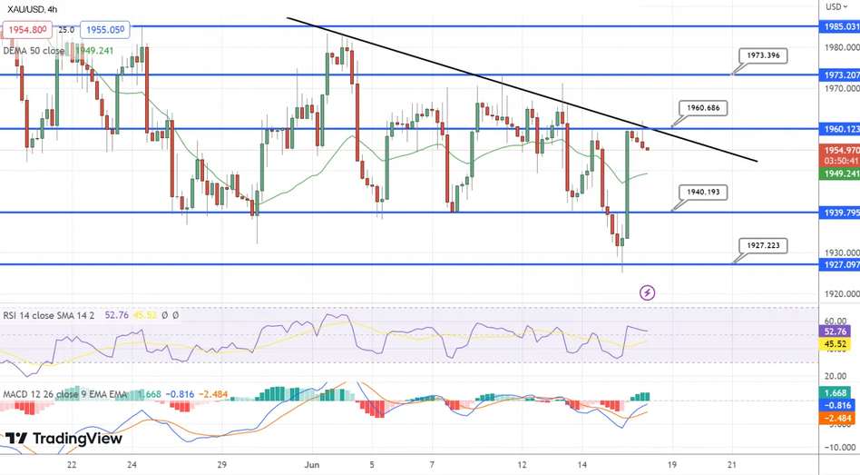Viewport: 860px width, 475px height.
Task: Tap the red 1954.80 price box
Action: pos(26,29)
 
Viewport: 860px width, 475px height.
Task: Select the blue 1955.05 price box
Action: pos(104,29)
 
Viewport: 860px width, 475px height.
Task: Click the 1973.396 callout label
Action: pos(763,55)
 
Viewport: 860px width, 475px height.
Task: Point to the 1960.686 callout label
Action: pos(703,108)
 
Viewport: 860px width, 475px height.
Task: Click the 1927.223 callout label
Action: pos(763,245)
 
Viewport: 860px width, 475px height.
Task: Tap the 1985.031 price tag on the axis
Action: pos(840,26)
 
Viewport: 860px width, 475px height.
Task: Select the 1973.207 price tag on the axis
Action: pos(840,74)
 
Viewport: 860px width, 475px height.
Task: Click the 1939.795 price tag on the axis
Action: pos(840,213)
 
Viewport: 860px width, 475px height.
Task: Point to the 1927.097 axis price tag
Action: pos(840,264)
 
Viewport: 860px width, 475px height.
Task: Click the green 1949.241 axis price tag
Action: pos(840,173)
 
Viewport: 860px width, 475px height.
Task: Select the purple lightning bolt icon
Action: pos(647,292)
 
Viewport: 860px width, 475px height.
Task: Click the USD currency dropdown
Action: pos(836,7)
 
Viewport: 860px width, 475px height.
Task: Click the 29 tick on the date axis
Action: pos(222,463)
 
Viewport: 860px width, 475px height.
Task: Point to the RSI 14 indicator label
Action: pos(27,316)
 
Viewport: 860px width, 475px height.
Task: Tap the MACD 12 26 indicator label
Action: pos(32,393)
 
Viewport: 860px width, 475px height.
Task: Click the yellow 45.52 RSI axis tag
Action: pos(836,345)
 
